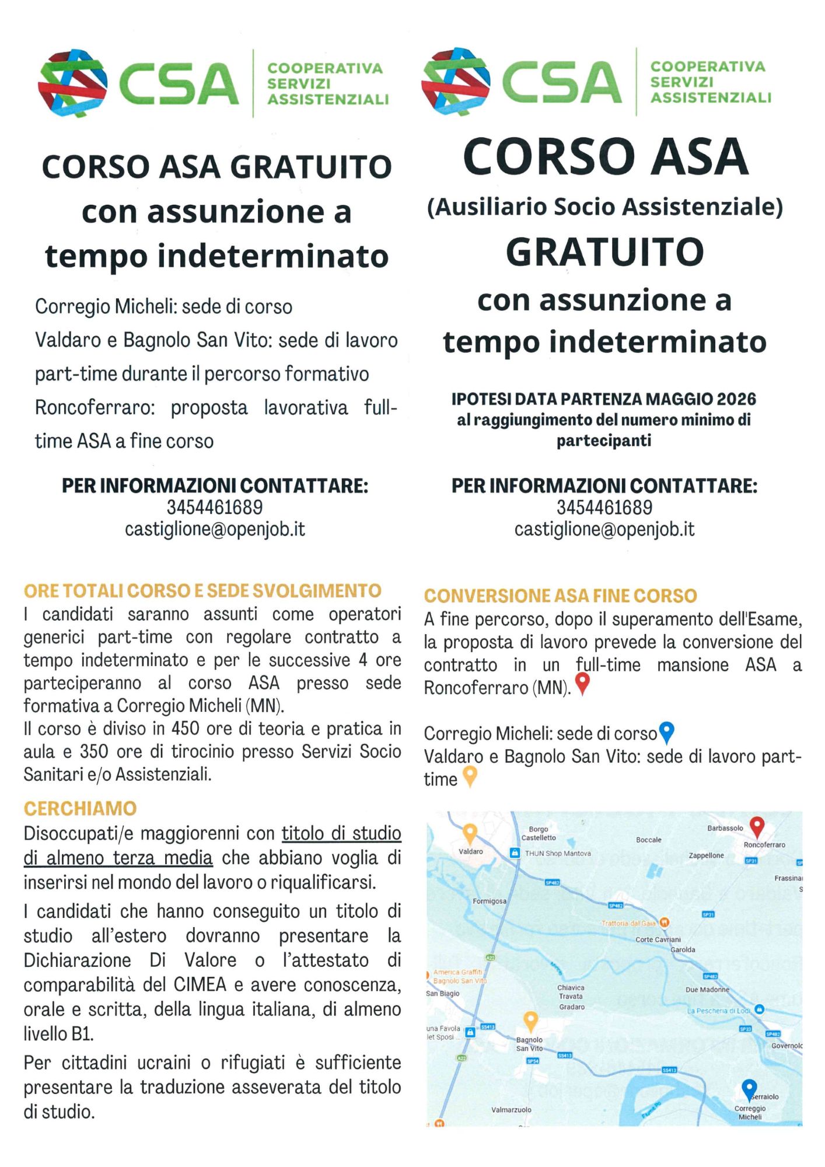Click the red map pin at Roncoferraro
[x=757, y=826]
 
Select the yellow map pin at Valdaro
[x=470, y=833]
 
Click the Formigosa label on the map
[x=490, y=902]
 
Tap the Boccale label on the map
[x=649, y=840]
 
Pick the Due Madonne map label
[x=707, y=990]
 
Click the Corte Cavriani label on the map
[x=658, y=939]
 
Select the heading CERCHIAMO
[x=81, y=809]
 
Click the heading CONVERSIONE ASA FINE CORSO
[x=560, y=596]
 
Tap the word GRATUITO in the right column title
[x=604, y=252]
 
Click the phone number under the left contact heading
[x=215, y=508]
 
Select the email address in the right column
[x=604, y=529]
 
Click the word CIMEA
[x=200, y=985]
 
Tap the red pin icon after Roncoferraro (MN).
[x=582, y=684]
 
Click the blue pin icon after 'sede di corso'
[x=666, y=732]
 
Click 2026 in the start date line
[x=736, y=399]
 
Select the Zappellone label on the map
[x=706, y=855]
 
